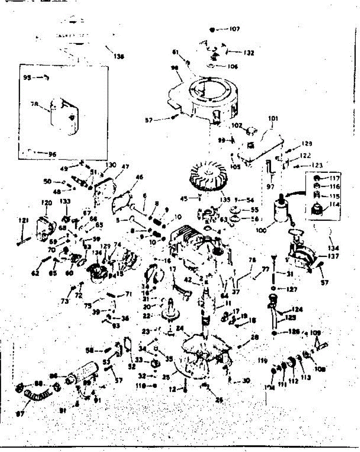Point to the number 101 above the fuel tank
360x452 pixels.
[x=273, y=118]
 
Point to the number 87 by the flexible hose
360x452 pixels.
[x=20, y=414]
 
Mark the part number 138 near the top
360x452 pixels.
[x=119, y=57]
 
